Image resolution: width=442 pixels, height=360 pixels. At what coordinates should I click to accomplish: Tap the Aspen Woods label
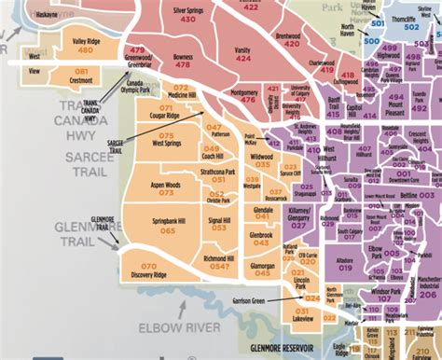click(x=164, y=186)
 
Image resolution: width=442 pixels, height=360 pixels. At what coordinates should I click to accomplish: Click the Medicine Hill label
click(x=184, y=96)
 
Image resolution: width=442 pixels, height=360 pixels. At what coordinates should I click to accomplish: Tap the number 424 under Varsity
click(x=242, y=58)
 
